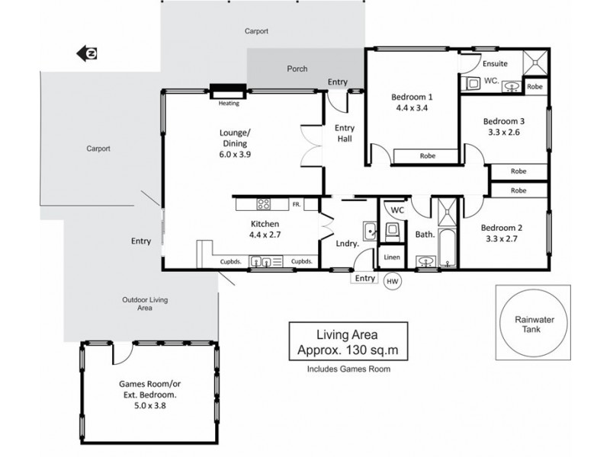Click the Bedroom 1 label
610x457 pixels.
click(x=412, y=97)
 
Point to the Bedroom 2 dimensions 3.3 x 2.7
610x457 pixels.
click(x=501, y=238)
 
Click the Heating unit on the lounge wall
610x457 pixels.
click(x=228, y=89)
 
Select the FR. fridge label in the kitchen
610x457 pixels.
click(x=297, y=204)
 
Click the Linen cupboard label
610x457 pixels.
click(x=391, y=258)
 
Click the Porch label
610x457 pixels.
click(x=297, y=69)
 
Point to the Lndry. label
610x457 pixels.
click(x=348, y=244)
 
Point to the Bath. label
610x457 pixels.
click(x=424, y=235)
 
